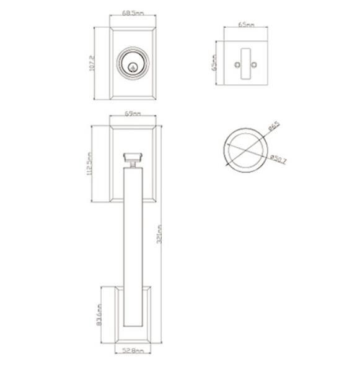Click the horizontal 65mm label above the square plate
pos(245,25)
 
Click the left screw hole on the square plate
pos(236,64)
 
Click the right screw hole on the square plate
pos(253,64)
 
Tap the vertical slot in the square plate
pos(245,63)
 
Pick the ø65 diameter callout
pos(273,128)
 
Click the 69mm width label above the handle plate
pos(132,114)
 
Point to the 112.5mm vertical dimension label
pos(90,164)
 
